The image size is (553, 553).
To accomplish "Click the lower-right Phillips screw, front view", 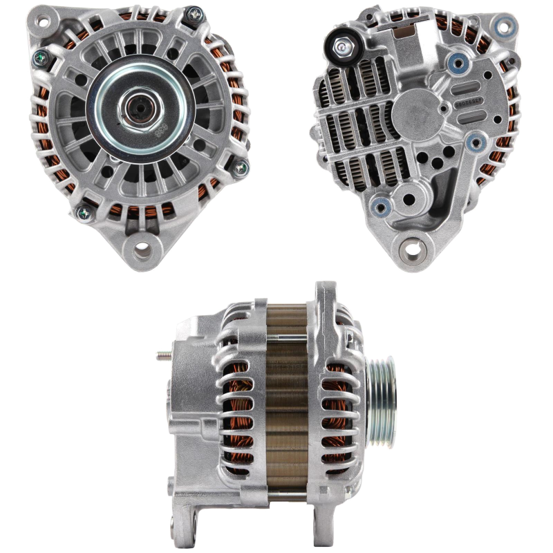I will tap(241, 166).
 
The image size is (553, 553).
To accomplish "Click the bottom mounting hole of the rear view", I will tap(414, 245).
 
